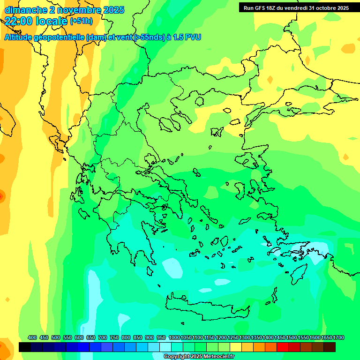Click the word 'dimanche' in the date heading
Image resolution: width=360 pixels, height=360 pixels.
(x=23, y=10)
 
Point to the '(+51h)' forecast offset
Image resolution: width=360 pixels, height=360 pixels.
(x=81, y=21)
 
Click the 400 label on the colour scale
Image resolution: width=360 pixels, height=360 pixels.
(x=32, y=338)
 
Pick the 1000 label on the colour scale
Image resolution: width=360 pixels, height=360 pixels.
(x=174, y=338)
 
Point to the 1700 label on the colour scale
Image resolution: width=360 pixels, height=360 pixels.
(x=338, y=338)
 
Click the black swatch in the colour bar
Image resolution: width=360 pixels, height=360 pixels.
(x=25, y=347)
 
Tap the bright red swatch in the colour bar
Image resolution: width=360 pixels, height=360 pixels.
(x=283, y=347)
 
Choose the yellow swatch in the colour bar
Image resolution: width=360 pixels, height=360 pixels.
(x=236, y=347)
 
